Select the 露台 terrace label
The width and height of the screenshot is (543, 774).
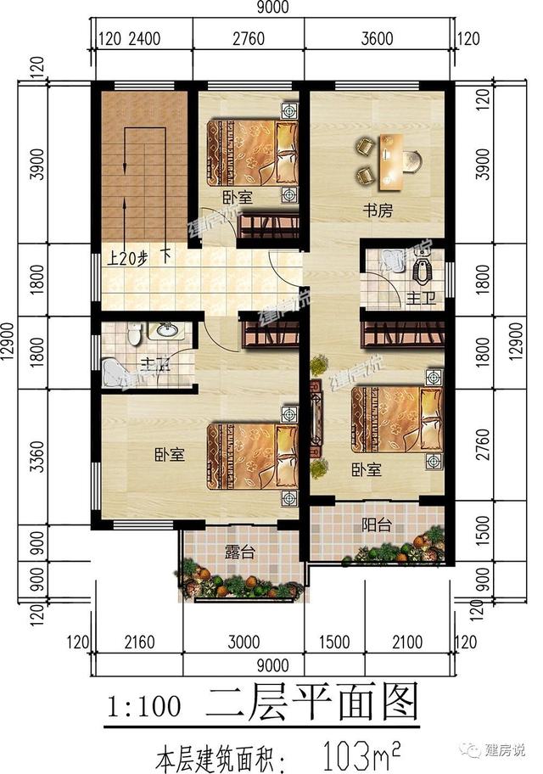242,555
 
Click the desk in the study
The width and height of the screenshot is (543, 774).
391,160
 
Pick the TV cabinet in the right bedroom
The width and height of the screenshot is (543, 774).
315,416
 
